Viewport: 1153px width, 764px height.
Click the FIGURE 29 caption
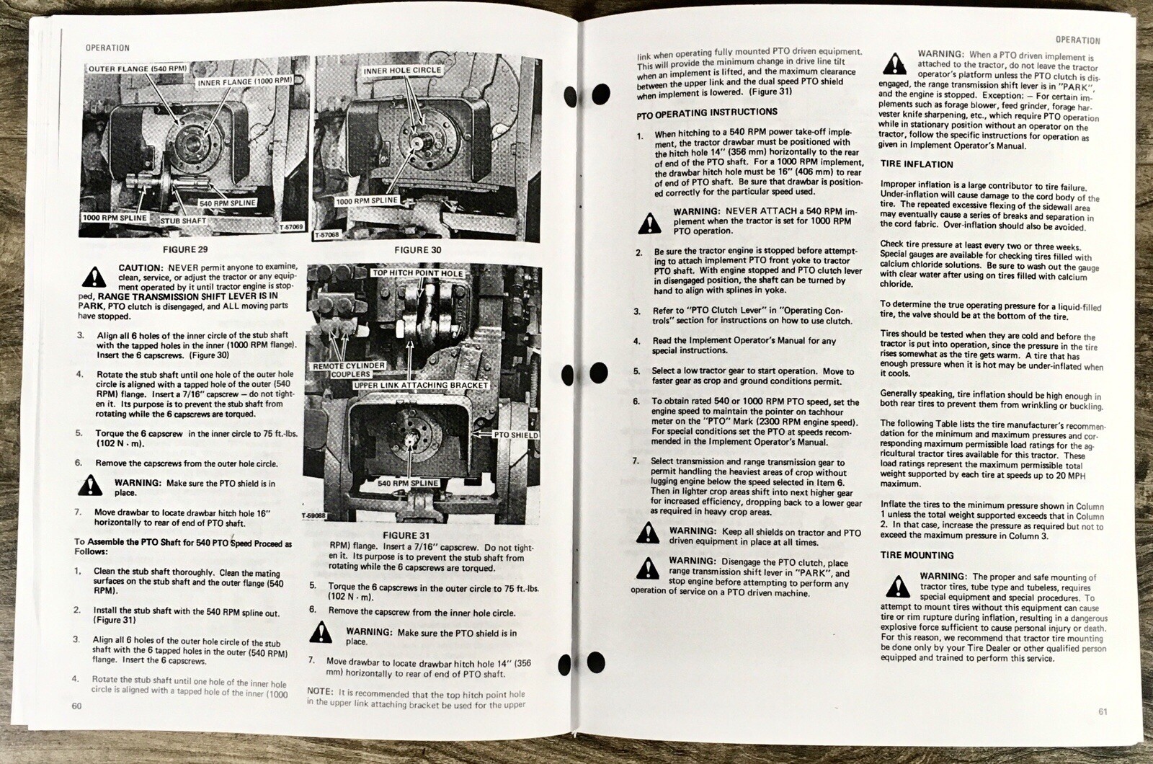pyautogui.click(x=185, y=249)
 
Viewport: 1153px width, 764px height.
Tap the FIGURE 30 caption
pyautogui.click(x=418, y=250)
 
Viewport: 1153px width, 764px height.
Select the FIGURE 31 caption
pyautogui.click(x=406, y=536)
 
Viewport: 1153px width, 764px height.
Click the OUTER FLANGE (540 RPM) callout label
pyautogui.click(x=138, y=68)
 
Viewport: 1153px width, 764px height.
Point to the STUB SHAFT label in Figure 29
pyautogui.click(x=183, y=221)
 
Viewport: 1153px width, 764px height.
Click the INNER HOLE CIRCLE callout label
pyautogui.click(x=403, y=71)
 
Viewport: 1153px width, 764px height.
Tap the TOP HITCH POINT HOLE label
pyautogui.click(x=417, y=273)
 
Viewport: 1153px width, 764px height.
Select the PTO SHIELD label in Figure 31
pyautogui.click(x=516, y=435)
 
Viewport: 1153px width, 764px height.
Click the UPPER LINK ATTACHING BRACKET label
pyautogui.click(x=421, y=385)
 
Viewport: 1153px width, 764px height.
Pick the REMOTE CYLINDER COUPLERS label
pyautogui.click(x=349, y=370)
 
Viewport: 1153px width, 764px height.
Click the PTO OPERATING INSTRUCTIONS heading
pyautogui.click(x=707, y=113)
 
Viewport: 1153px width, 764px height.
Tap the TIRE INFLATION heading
pyautogui.click(x=917, y=164)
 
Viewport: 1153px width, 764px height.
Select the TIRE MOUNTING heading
pyautogui.click(x=917, y=555)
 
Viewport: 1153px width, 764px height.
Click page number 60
pyautogui.click(x=76, y=706)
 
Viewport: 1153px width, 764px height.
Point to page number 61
pyautogui.click(x=1103, y=711)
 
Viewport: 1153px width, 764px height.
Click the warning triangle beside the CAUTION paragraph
pyautogui.click(x=94, y=277)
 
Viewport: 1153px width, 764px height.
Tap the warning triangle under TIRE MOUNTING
pyautogui.click(x=898, y=587)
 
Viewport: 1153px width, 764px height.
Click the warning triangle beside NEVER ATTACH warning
pyautogui.click(x=649, y=223)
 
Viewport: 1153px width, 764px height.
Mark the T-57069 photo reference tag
pyautogui.click(x=292, y=227)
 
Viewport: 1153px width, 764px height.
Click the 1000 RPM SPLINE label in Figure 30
pyautogui.click(x=367, y=201)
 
